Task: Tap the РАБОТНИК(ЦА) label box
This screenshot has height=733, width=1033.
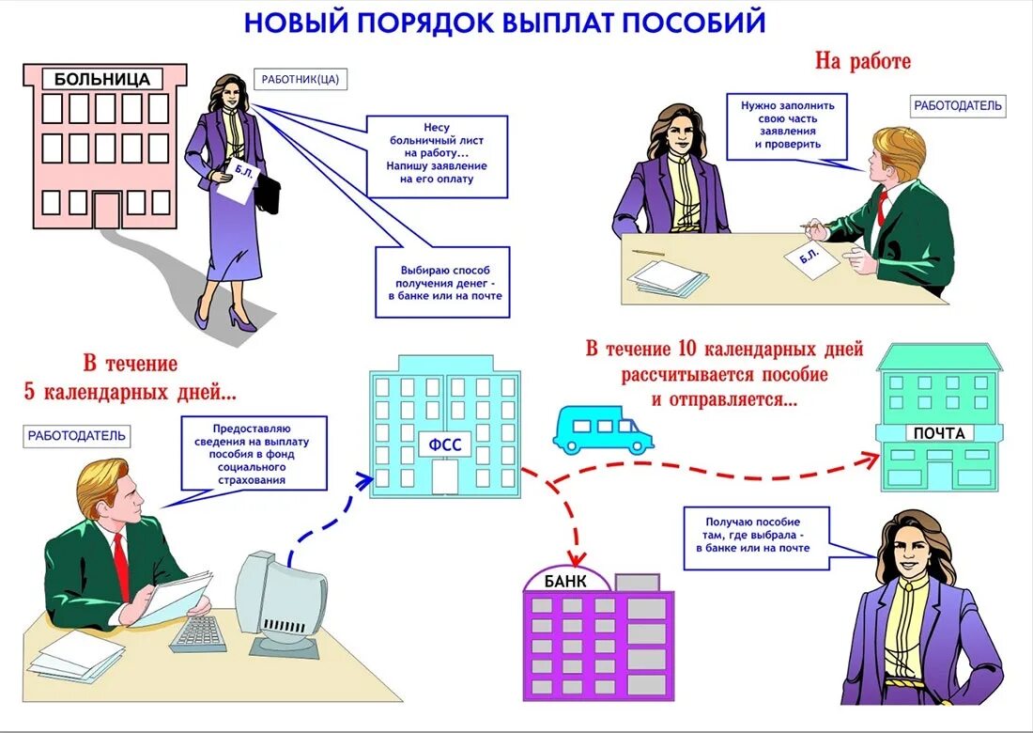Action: pos(301,80)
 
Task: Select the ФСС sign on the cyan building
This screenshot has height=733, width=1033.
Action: pos(445,444)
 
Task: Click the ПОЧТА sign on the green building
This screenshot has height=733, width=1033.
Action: pos(939,433)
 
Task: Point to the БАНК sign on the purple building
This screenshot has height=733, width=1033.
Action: pos(565,581)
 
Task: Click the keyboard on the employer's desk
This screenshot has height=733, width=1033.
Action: pos(198,632)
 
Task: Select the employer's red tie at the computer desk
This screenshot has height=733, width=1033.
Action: pos(121,568)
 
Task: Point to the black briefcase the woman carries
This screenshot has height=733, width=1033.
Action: pos(268,193)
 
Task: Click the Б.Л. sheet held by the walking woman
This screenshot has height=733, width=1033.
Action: pos(235,179)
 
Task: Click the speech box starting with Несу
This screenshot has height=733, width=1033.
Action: pos(437,156)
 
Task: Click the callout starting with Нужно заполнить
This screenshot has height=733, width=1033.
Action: pos(787,125)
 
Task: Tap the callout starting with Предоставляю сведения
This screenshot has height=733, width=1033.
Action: pos(255,453)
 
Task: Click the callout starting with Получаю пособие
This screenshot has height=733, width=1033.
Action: pos(756,539)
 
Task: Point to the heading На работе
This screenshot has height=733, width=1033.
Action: pos(862,62)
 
